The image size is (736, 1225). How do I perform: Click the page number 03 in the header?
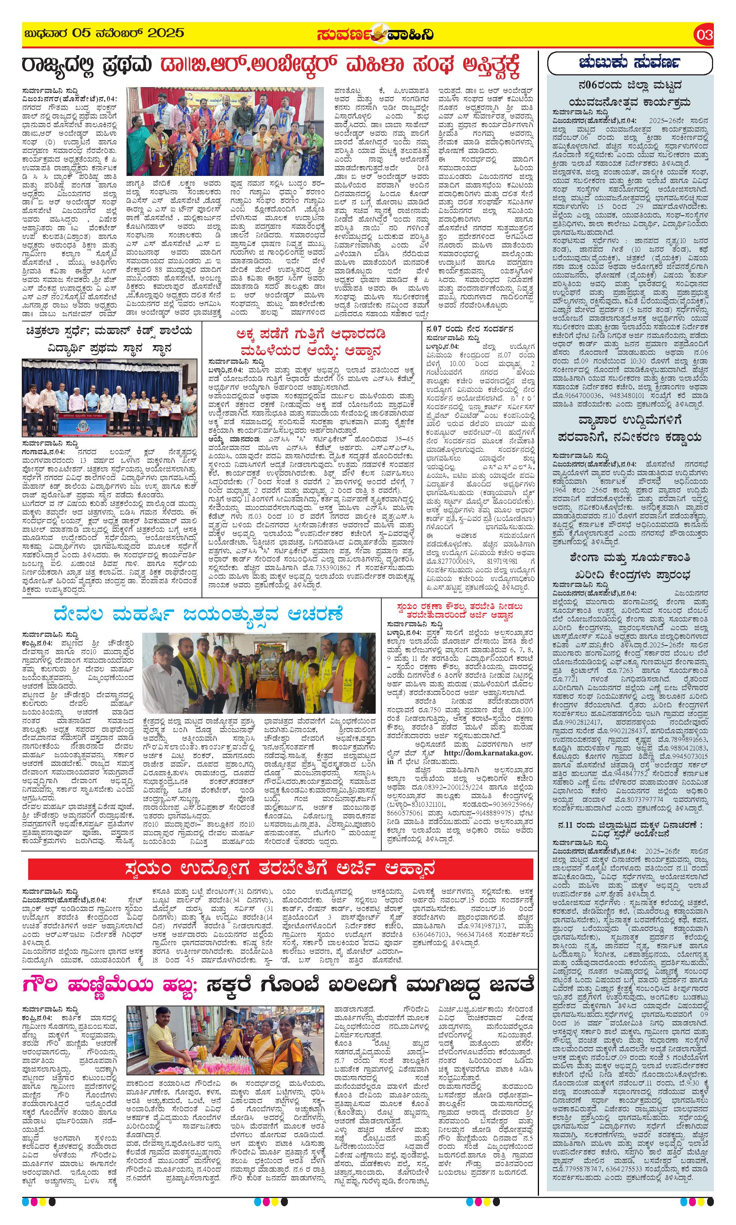pos(704,35)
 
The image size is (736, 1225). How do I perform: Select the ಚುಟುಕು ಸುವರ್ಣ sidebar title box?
pos(629,63)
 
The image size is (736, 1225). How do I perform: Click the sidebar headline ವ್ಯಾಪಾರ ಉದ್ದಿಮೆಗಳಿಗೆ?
pos(629,420)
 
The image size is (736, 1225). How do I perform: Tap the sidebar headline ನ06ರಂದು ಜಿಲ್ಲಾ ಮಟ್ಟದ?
pos(629,85)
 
